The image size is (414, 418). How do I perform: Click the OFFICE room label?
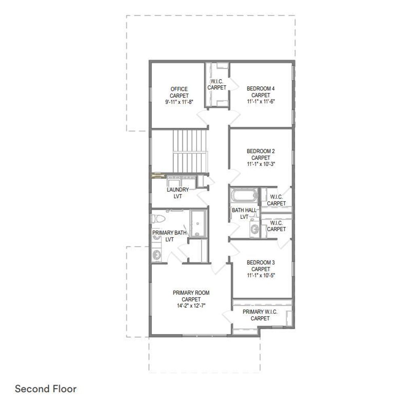point(179,89)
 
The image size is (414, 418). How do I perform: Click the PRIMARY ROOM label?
point(191,293)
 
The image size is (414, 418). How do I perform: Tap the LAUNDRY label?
point(178,189)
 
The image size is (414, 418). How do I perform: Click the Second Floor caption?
point(46,389)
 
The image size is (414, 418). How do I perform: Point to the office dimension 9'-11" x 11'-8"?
point(180,102)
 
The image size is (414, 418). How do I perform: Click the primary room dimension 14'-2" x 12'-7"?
point(191,306)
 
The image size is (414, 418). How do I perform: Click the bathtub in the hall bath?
point(244,196)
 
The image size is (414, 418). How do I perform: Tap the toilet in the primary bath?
point(159,219)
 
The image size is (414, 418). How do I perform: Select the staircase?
point(190,151)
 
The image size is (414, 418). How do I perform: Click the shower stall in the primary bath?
point(199,223)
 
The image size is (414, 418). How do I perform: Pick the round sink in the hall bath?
point(255,229)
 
